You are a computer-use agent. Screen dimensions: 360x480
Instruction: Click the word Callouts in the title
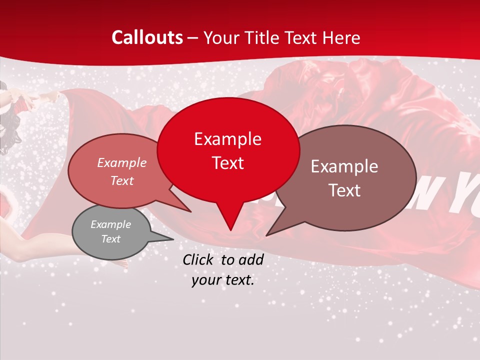point(147,37)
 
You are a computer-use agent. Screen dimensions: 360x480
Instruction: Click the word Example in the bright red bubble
point(227,139)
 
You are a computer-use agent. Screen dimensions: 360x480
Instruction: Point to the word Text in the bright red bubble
point(227,163)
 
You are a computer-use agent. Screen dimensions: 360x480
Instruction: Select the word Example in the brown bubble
point(344,166)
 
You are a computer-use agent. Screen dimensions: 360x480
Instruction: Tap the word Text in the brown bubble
point(344,190)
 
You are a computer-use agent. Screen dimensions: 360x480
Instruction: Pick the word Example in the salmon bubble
point(122,162)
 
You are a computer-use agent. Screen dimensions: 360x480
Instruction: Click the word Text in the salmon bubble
point(122,180)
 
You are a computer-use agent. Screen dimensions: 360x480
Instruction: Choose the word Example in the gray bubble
point(110,224)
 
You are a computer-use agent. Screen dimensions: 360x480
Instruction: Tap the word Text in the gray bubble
point(110,239)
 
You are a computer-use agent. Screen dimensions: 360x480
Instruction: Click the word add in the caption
point(251,259)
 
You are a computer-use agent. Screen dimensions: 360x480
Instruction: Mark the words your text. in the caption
point(223,280)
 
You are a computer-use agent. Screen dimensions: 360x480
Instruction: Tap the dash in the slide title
point(193,38)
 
